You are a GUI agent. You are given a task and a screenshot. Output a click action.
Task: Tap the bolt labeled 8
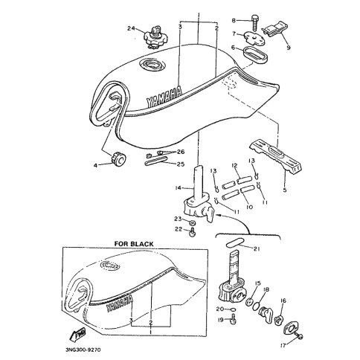coord(254,24)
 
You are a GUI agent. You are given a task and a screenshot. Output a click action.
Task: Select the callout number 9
coord(289,48)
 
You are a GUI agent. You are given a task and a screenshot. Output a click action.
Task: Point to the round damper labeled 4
coord(118,159)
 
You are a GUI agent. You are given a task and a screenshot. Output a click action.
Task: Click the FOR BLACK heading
coord(134,244)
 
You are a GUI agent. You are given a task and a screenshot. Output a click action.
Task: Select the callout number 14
coord(179,188)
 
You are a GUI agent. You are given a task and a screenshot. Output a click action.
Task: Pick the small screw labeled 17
coord(299,336)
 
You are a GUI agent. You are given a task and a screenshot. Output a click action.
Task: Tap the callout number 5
coord(285,190)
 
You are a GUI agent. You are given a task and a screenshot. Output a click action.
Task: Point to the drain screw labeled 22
coord(192,233)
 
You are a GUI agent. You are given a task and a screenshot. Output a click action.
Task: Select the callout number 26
coord(181,152)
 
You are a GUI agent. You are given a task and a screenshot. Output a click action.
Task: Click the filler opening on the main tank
coord(151,64)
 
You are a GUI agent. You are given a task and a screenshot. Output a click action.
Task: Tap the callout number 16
coord(283,300)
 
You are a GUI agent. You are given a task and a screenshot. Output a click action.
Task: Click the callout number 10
coord(249,207)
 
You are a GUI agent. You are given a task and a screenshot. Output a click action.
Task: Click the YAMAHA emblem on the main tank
coord(164,97)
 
